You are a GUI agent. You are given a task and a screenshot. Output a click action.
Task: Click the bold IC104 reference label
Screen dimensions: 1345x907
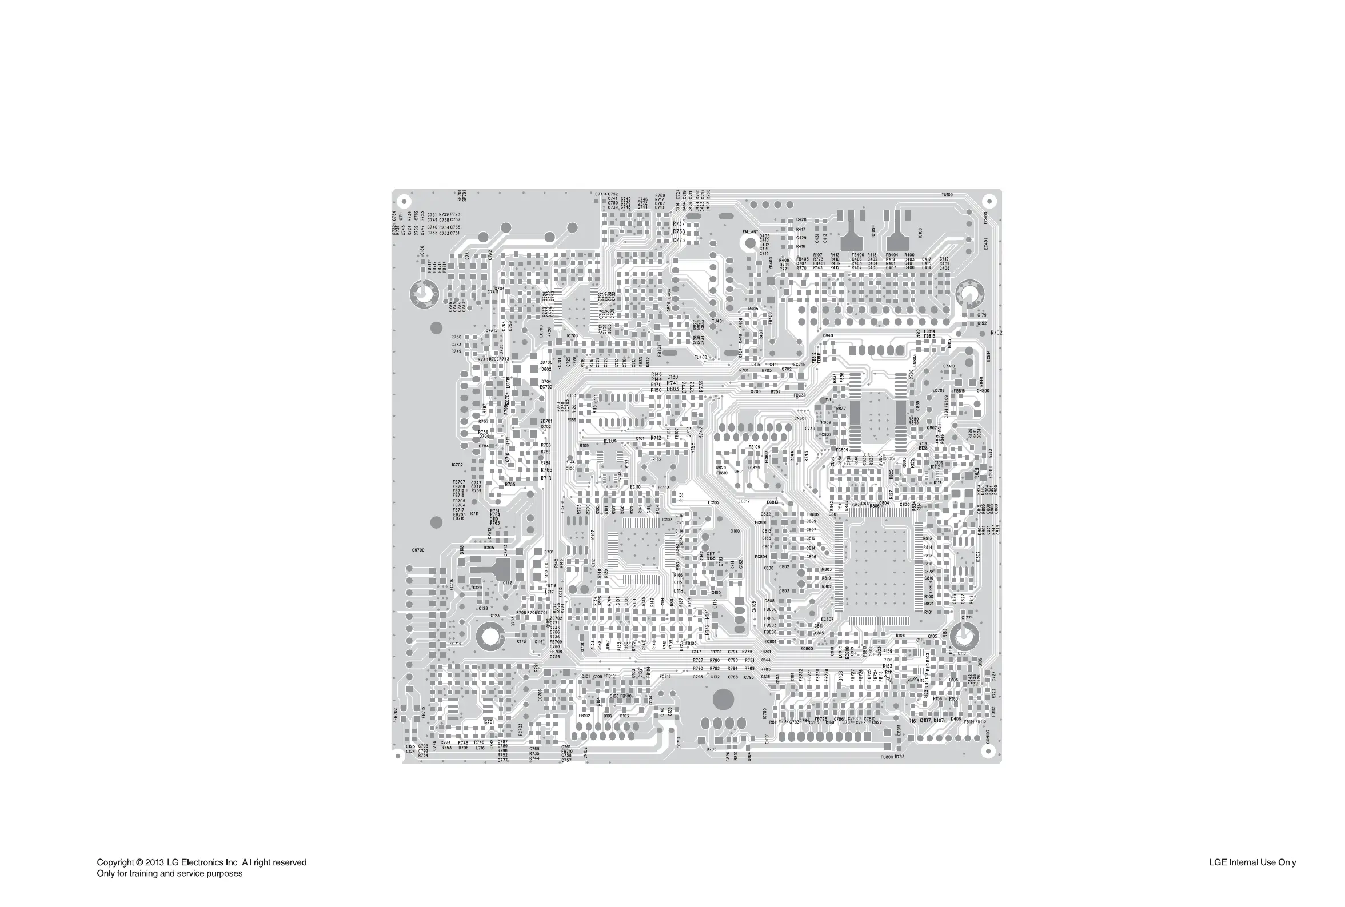[x=610, y=441]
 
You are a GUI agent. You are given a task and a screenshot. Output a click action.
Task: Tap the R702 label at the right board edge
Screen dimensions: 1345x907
[x=996, y=333]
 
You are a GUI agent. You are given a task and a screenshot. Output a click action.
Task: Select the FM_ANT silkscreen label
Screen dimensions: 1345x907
[x=751, y=232]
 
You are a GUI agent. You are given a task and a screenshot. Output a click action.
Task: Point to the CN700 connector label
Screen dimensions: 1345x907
[x=418, y=550]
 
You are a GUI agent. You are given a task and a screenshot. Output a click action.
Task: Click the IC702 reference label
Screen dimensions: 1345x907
[x=457, y=465]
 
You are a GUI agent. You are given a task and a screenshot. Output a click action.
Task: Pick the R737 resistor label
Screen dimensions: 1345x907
[x=679, y=224]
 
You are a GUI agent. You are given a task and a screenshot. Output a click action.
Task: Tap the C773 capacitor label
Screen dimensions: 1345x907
[x=679, y=240]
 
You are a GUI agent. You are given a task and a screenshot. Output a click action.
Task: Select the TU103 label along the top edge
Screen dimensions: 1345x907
[x=947, y=195]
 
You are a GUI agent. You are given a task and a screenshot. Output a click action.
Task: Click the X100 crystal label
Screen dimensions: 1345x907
[x=735, y=531]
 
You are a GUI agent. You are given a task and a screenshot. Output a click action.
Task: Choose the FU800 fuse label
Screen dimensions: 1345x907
[x=887, y=757]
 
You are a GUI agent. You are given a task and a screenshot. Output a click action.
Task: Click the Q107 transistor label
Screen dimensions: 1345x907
[x=925, y=721]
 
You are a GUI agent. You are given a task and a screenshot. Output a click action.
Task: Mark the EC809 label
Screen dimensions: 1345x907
[x=842, y=450]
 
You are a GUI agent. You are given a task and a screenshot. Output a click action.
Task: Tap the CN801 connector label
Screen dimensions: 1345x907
[x=800, y=418]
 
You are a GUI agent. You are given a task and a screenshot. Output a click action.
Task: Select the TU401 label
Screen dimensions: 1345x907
[x=717, y=321]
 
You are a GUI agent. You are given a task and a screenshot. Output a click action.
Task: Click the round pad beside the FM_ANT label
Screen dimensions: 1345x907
[x=751, y=243]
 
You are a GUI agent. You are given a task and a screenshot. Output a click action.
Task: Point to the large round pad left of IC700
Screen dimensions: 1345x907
[x=723, y=700]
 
